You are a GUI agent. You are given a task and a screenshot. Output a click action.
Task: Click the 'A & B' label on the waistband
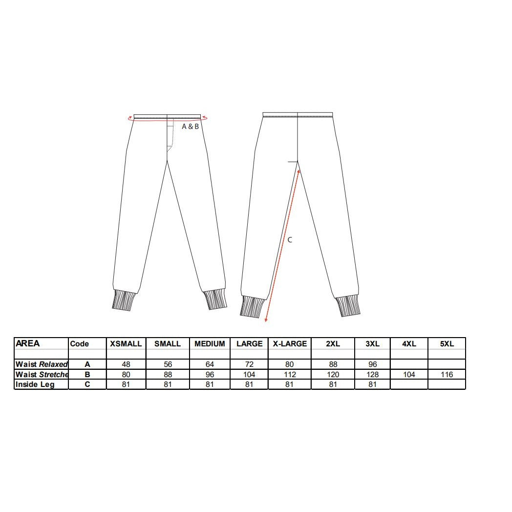tap(190, 127)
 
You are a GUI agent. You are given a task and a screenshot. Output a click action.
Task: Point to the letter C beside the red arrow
tap(290, 240)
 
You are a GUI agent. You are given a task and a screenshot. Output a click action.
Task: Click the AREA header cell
tap(28, 343)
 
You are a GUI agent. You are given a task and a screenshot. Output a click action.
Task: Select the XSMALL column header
tap(126, 343)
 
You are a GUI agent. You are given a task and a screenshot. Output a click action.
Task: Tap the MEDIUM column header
tap(210, 343)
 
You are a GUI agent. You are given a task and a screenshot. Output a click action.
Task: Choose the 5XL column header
tap(447, 343)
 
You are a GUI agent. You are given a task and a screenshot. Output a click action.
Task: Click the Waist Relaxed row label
tap(42, 364)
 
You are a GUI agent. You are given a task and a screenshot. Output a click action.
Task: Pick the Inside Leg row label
tap(35, 384)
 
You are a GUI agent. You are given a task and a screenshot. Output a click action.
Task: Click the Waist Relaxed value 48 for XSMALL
tap(126, 364)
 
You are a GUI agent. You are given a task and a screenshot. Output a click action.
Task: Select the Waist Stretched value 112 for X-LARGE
tap(290, 374)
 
